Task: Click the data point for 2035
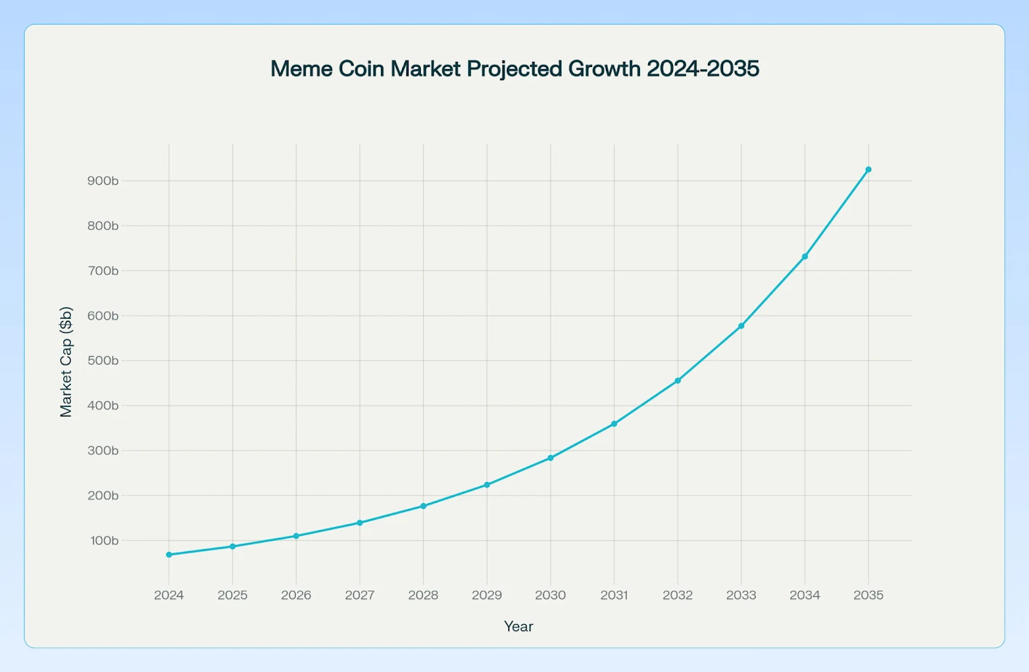pyautogui.click(x=868, y=170)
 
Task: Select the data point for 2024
pyautogui.click(x=169, y=555)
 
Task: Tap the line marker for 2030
pyautogui.click(x=551, y=458)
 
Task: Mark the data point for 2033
pyautogui.click(x=741, y=326)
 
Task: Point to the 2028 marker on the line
pyautogui.click(x=423, y=506)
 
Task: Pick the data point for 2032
pyautogui.click(x=678, y=381)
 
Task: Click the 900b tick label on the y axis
pyautogui.click(x=103, y=181)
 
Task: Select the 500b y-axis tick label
pyautogui.click(x=103, y=360)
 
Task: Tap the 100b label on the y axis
pyautogui.click(x=104, y=540)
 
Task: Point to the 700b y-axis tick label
pyautogui.click(x=103, y=271)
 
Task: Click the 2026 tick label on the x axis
pyautogui.click(x=296, y=595)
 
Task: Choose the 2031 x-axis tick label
pyautogui.click(x=614, y=595)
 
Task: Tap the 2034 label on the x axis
pyautogui.click(x=805, y=595)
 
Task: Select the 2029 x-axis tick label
pyautogui.click(x=486, y=595)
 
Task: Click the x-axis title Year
pyautogui.click(x=519, y=626)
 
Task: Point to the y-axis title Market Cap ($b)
pyautogui.click(x=66, y=362)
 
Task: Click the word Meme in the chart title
pyautogui.click(x=301, y=68)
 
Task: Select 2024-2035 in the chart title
pyautogui.click(x=703, y=68)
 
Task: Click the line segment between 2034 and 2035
pyautogui.click(x=837, y=213)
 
